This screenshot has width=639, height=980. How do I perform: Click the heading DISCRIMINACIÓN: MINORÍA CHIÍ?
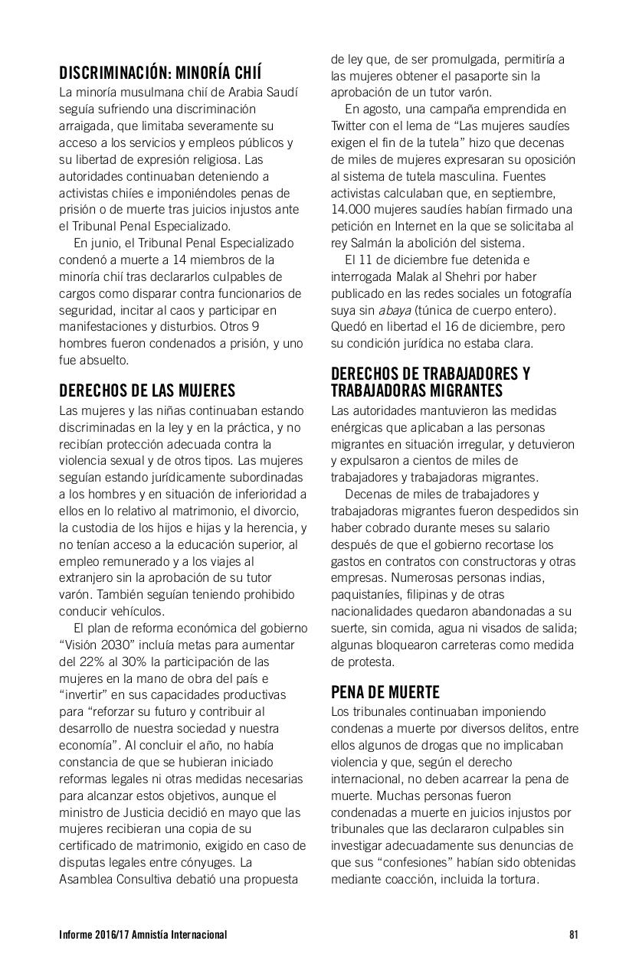[160, 73]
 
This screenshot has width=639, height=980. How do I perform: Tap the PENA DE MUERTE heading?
[385, 693]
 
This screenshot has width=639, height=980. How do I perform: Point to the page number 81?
[573, 935]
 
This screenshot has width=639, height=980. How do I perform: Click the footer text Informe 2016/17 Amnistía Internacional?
[143, 935]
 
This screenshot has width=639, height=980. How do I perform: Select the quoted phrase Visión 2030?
[96, 645]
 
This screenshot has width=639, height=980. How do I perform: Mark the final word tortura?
[517, 880]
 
